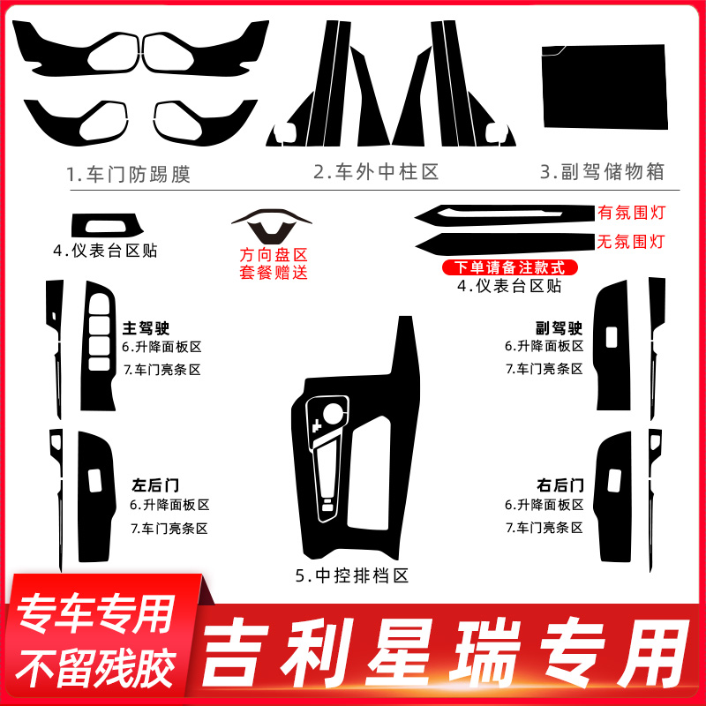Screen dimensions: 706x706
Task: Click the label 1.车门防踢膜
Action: [x=128, y=173]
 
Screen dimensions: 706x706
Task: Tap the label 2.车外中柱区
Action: [x=376, y=171]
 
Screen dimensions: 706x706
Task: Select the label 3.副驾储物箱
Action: [x=602, y=171]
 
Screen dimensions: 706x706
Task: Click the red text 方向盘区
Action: [x=274, y=255]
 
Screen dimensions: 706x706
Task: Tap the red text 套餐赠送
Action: [x=274, y=273]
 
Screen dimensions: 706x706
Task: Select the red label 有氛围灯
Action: [x=630, y=213]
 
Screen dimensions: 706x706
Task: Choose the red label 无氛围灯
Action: [x=630, y=240]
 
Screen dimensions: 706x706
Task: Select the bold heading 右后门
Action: [x=560, y=484]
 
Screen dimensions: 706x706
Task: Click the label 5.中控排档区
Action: [x=353, y=576]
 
